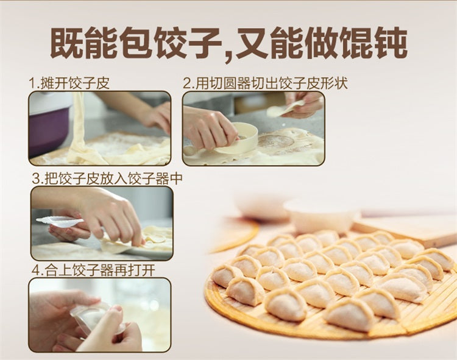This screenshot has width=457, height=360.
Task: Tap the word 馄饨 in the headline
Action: [374, 43]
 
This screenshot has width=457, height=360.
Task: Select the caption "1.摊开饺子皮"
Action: [69, 83]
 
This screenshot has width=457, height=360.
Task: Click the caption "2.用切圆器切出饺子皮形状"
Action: [266, 83]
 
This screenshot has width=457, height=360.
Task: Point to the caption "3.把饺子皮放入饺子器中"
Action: [107, 178]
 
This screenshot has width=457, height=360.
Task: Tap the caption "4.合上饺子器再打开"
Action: [93, 270]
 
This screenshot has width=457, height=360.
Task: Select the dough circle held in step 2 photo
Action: [284, 108]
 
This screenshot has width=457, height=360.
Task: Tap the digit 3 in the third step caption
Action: [36, 179]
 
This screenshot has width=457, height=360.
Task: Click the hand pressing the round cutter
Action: [209, 129]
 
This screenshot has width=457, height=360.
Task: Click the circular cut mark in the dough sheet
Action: [275, 141]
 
